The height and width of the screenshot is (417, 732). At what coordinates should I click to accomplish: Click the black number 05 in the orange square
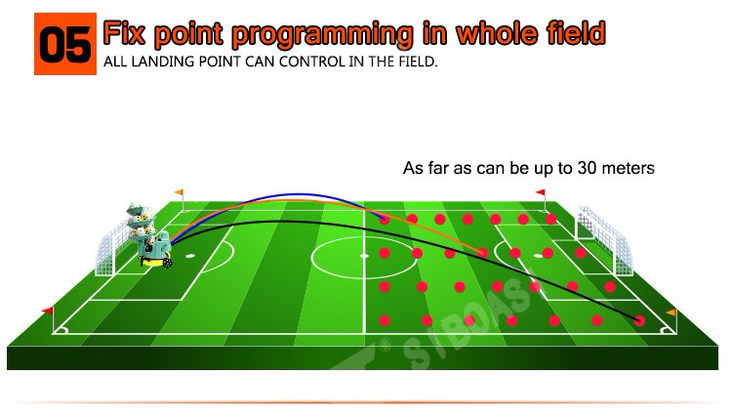(64, 44)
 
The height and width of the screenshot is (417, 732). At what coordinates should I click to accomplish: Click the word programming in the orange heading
(322, 34)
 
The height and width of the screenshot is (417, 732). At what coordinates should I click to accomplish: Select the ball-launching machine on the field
(149, 235)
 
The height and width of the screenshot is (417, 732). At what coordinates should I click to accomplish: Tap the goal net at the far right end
(605, 240)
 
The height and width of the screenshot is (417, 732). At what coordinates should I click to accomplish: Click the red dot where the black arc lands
(639, 320)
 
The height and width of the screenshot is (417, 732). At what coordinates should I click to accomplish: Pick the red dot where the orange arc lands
(483, 253)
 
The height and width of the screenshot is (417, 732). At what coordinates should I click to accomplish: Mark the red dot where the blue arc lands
(385, 219)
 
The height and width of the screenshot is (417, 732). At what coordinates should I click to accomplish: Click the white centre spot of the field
(364, 256)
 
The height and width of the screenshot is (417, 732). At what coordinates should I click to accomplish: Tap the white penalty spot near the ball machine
(190, 256)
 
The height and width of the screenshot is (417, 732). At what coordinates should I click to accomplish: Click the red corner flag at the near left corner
(48, 311)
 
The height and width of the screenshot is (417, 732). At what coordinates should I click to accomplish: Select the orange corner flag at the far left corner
(179, 192)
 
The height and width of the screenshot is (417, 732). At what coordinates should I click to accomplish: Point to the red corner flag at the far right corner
(541, 192)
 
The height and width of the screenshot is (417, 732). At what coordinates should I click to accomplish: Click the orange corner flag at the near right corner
(671, 312)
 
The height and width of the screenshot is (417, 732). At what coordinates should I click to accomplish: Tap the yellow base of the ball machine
(154, 263)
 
